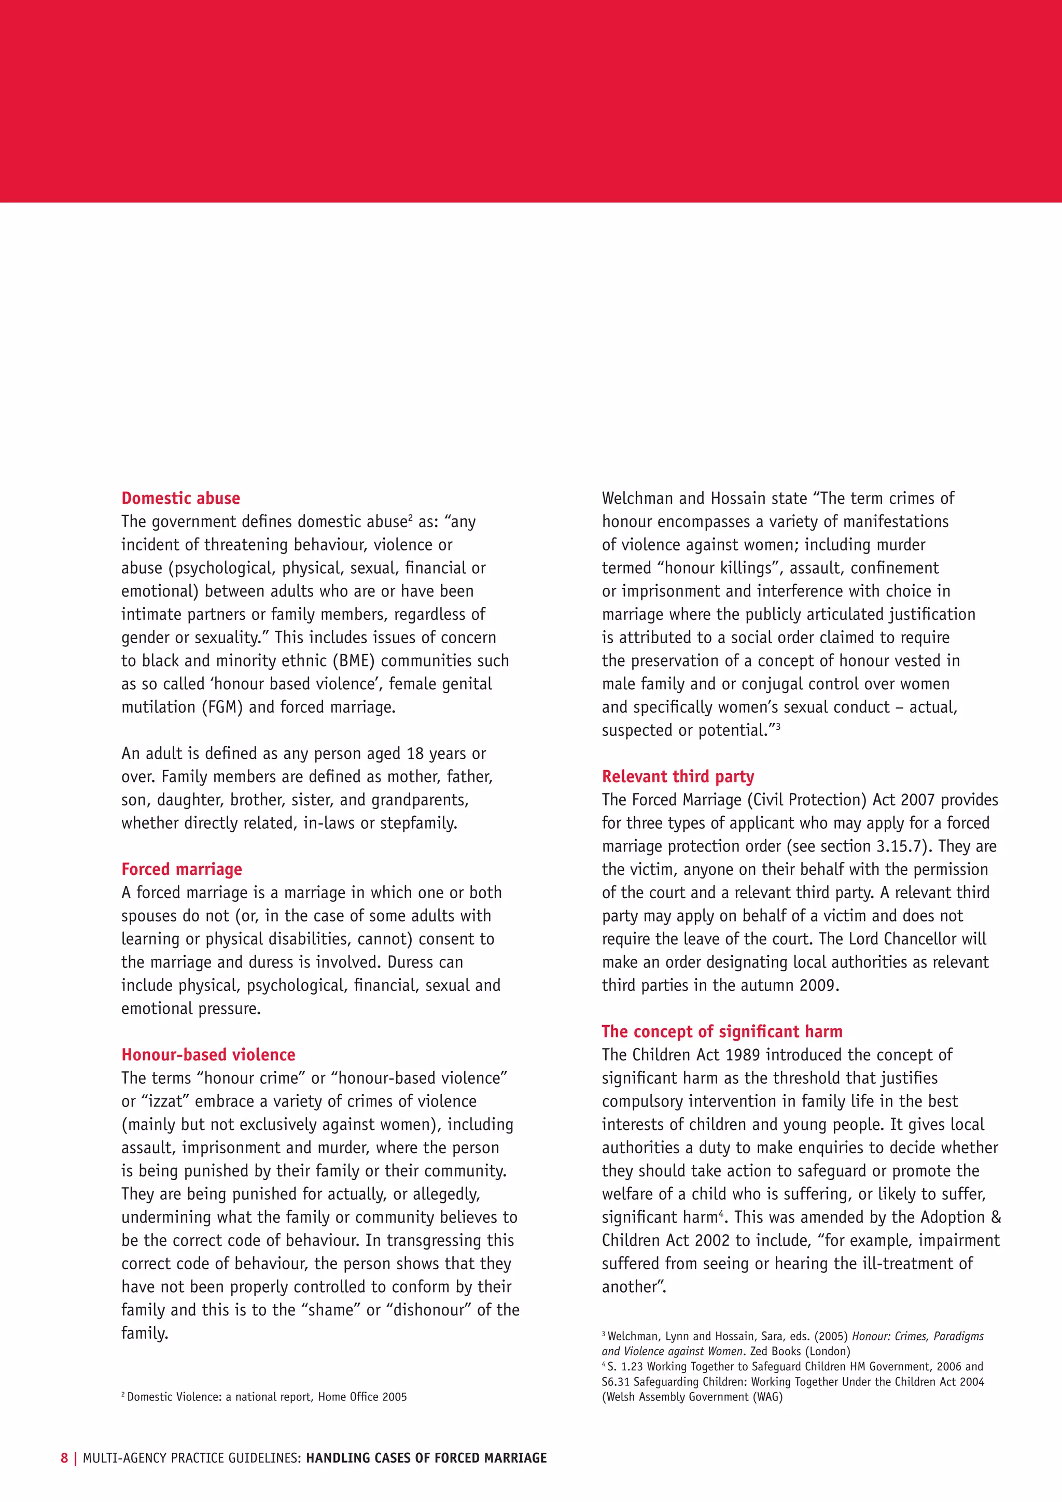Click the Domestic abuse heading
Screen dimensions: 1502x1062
[180, 499]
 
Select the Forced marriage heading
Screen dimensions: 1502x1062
[182, 869]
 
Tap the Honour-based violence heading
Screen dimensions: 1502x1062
[208, 1055]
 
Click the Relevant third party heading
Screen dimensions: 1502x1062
[678, 776]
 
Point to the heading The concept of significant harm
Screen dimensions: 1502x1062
[722, 1031]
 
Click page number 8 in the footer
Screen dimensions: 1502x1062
[64, 1457]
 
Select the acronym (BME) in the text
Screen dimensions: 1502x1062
[353, 661]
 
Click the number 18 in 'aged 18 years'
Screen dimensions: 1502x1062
[415, 754]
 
